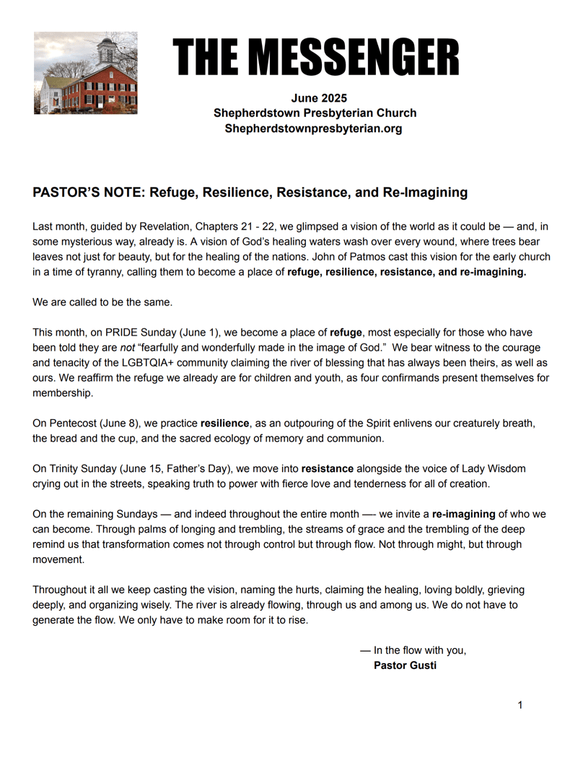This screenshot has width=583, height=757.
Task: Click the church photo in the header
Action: tap(85, 73)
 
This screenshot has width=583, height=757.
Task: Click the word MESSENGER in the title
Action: tap(357, 58)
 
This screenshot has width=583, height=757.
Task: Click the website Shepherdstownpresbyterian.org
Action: tap(314, 128)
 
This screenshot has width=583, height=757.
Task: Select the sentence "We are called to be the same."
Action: tap(102, 302)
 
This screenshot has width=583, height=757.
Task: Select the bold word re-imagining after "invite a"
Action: tap(463, 514)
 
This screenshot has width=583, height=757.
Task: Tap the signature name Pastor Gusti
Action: tap(405, 665)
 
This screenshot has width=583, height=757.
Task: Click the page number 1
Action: tap(520, 704)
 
